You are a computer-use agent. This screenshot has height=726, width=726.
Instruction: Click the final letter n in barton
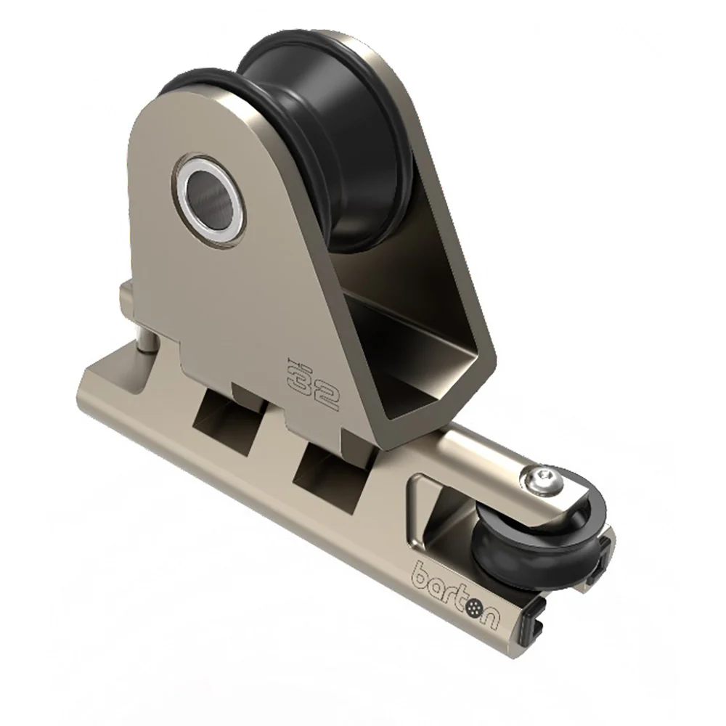coord(490,621)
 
